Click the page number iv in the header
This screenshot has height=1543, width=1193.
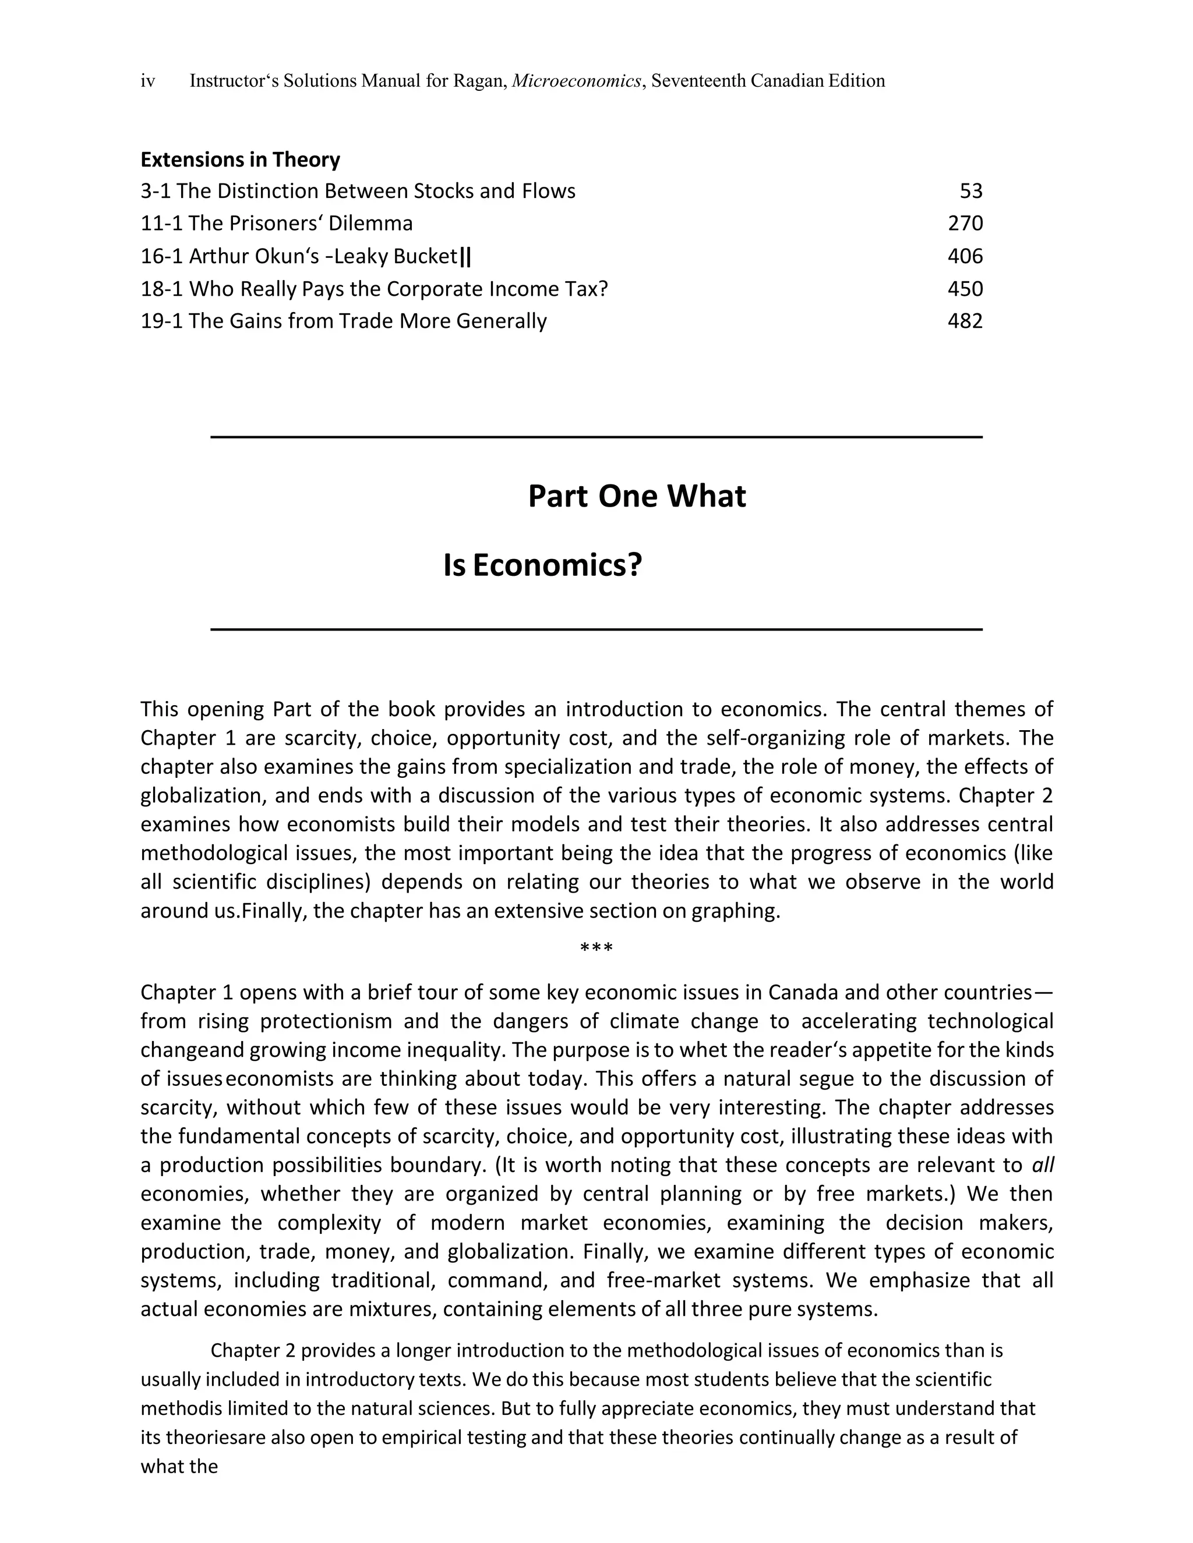[148, 82]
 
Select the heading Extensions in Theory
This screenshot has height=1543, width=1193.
[241, 160]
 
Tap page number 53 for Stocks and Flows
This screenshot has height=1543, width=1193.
[971, 191]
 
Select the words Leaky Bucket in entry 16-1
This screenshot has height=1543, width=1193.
[395, 256]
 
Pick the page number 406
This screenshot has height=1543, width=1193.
[965, 256]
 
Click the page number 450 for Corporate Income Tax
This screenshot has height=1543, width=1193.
[965, 288]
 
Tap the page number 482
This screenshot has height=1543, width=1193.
[965, 321]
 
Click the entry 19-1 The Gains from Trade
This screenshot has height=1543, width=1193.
[344, 321]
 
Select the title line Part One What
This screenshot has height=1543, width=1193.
[636, 496]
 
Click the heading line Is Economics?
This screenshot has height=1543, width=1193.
[542, 565]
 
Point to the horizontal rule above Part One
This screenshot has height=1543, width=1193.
[596, 437]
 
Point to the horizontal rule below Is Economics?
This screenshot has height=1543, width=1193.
[596, 629]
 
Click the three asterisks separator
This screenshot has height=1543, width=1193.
[596, 947]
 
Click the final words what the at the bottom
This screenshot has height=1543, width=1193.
[179, 1466]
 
